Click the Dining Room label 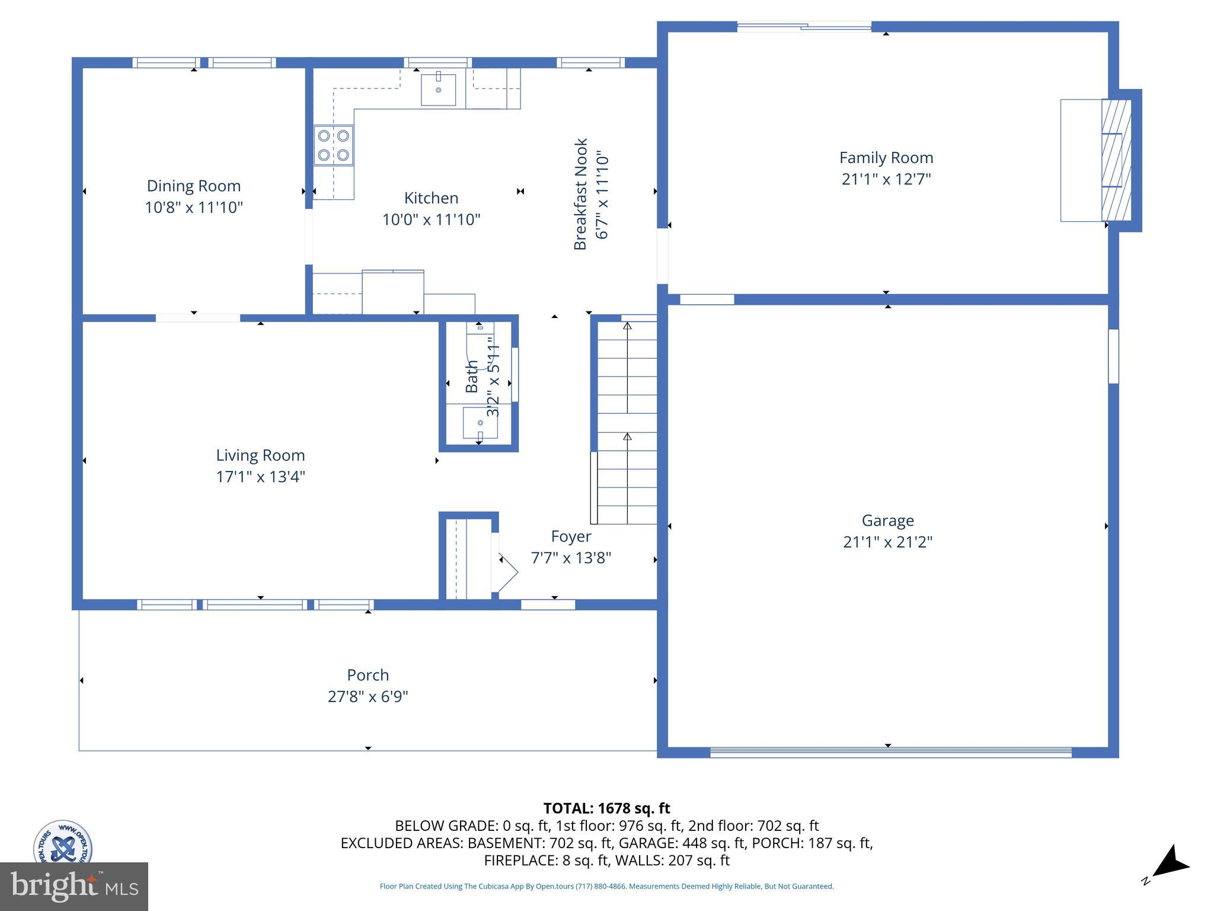(194, 186)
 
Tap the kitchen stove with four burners (333, 145)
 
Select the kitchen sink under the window (438, 90)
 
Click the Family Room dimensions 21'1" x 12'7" (886, 179)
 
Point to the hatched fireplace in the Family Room (1116, 160)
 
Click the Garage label (887, 520)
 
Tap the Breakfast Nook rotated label (580, 194)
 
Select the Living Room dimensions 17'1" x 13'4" (260, 477)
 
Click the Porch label (368, 675)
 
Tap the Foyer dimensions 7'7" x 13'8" (571, 558)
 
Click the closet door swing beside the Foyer (507, 572)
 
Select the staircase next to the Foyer (627, 421)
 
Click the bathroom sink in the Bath (480, 423)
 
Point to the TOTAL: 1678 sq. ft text (606, 808)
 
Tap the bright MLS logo (74, 887)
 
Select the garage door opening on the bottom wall (890, 753)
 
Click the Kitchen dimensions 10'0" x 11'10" (431, 219)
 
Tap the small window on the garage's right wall (1113, 356)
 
